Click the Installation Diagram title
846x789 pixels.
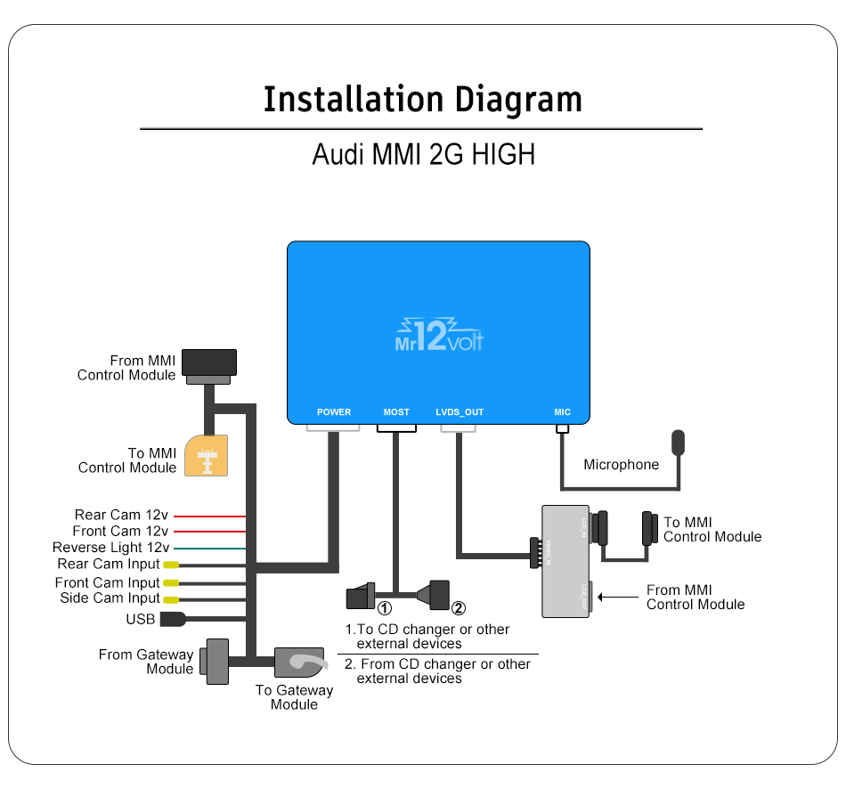click(x=423, y=99)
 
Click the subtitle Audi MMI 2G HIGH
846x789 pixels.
click(x=423, y=154)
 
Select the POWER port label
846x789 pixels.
click(x=334, y=412)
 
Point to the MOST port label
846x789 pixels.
click(x=396, y=412)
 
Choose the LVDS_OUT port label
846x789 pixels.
click(x=460, y=412)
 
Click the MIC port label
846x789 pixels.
click(x=562, y=412)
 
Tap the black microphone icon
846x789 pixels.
click(x=679, y=442)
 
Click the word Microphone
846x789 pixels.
click(x=621, y=465)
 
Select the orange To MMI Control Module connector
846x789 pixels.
click(x=206, y=456)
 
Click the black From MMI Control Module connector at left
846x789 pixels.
click(x=209, y=362)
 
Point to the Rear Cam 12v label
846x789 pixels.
click(x=121, y=515)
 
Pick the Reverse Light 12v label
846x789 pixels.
click(x=110, y=548)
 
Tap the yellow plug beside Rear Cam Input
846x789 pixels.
click(x=170, y=565)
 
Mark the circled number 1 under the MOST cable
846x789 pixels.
click(x=385, y=609)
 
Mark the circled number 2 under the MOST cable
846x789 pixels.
click(x=458, y=609)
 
